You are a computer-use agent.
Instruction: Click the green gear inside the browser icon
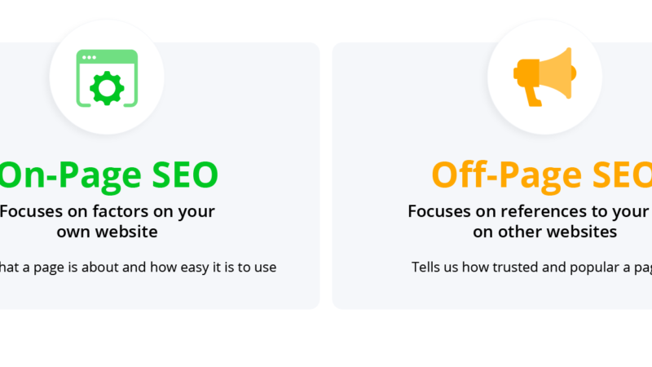click(x=107, y=86)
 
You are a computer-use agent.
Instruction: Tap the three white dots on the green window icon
click(x=88, y=57)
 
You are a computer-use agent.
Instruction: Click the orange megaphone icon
click(x=544, y=75)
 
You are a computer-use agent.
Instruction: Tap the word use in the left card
click(x=265, y=267)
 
